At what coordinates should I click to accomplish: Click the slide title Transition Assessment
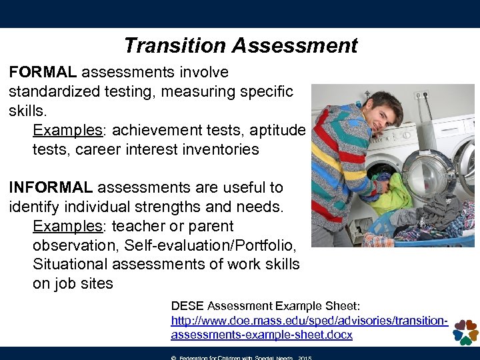(x=240, y=45)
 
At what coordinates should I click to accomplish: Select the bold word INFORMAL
(x=49, y=188)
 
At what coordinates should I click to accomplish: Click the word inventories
(x=219, y=149)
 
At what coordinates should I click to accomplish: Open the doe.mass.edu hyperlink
(x=309, y=327)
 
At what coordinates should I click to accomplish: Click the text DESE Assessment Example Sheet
(x=265, y=306)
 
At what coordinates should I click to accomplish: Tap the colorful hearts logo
(x=465, y=331)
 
